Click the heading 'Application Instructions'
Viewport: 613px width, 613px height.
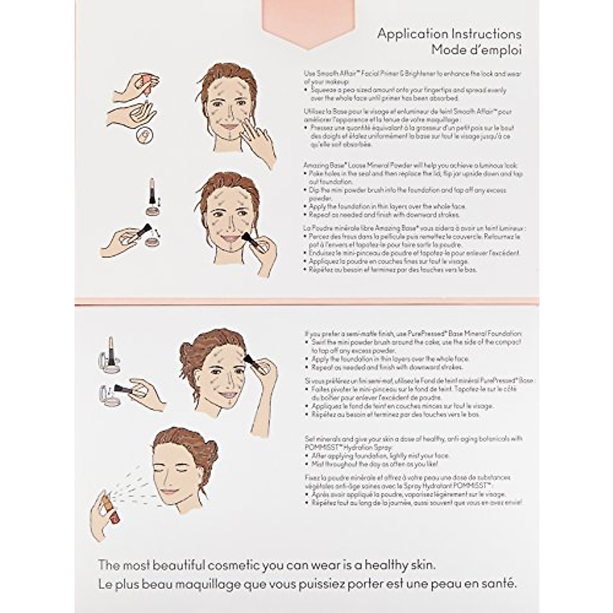[x=449, y=34]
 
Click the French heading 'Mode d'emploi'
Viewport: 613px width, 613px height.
[x=476, y=50]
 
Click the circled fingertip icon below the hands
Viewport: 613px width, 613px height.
[x=145, y=135]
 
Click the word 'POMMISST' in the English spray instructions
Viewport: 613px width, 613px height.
[x=322, y=447]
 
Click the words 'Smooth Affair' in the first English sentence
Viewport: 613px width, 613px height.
[x=333, y=74]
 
